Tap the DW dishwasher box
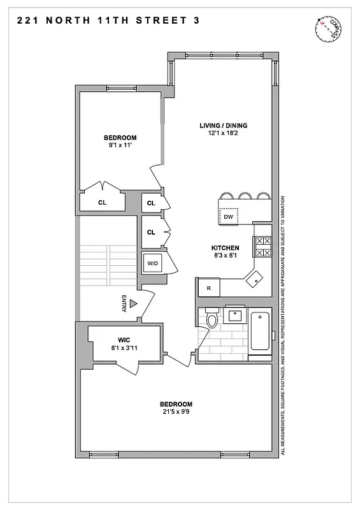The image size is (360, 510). (228, 217)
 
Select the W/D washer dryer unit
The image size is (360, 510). (153, 263)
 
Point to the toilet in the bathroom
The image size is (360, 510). (212, 317)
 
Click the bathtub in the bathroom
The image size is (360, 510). (260, 330)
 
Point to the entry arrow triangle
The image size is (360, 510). (133, 305)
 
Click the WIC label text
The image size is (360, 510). (124, 340)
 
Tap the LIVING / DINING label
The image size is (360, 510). (223, 125)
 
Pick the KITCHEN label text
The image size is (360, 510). (226, 247)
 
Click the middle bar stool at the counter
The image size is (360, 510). (245, 196)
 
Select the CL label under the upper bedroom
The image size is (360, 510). (102, 203)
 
